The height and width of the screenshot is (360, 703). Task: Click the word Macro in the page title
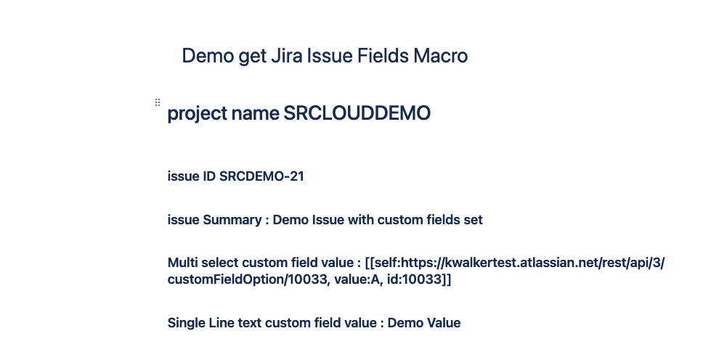[441, 56]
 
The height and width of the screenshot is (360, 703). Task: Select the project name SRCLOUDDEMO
[357, 113]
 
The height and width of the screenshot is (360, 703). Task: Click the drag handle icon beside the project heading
[158, 102]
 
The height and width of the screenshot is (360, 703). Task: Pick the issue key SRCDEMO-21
[261, 176]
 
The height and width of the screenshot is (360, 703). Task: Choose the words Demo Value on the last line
[424, 323]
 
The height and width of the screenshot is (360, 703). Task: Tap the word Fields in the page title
[383, 56]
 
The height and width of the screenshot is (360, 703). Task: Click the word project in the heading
[198, 113]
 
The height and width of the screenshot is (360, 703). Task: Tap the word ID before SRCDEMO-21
[209, 176]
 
